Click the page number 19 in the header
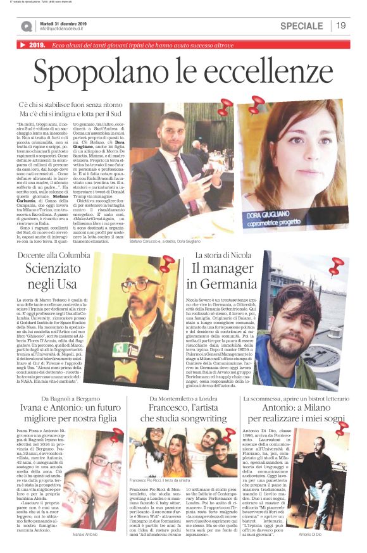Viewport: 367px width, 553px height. (x=341, y=25)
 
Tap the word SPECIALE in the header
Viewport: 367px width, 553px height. (x=301, y=26)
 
